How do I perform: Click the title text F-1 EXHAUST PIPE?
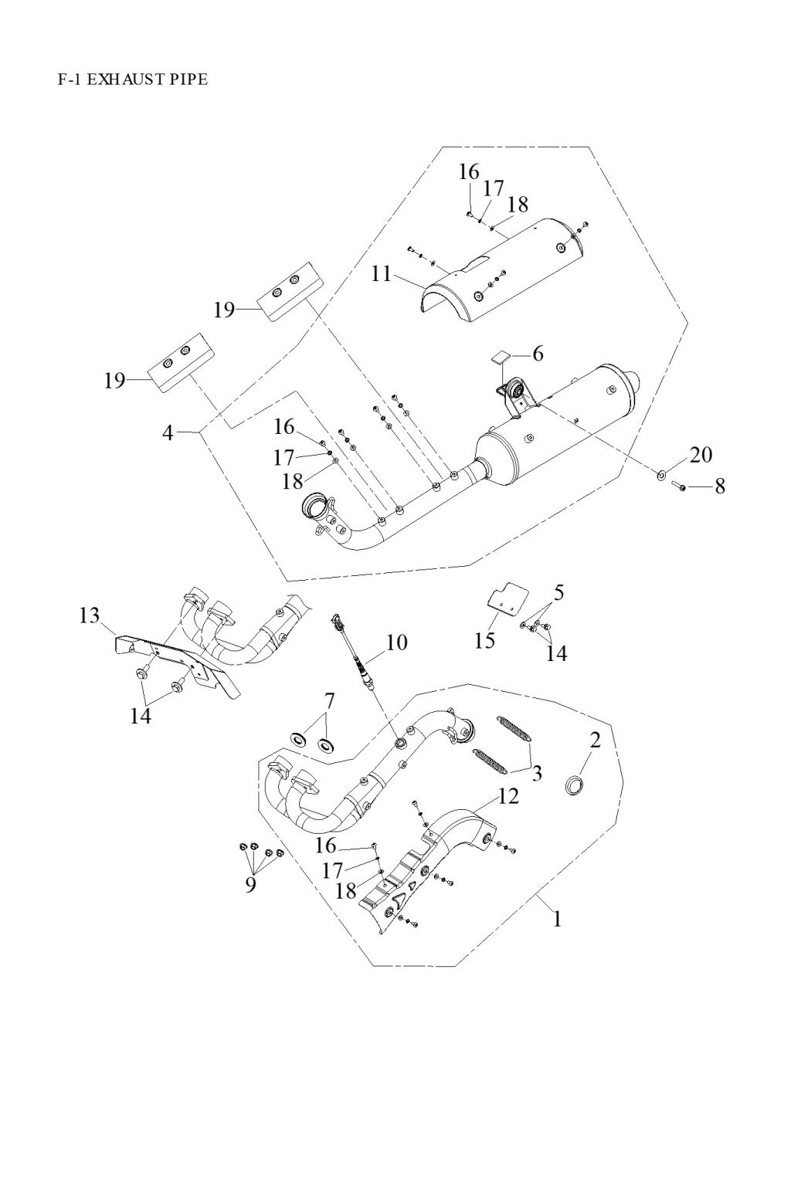click(x=132, y=79)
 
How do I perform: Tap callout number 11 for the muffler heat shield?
click(x=382, y=273)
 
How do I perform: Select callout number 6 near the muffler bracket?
click(x=538, y=354)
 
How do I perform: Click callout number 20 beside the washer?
click(x=700, y=454)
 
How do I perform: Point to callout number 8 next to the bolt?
click(x=720, y=486)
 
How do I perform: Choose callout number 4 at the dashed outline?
click(x=168, y=432)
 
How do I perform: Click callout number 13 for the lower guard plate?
click(x=89, y=615)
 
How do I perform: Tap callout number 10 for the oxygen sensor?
click(x=397, y=642)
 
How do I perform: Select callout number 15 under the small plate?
click(x=485, y=640)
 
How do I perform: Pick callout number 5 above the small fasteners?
click(x=558, y=592)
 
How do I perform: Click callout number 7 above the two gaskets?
click(x=330, y=701)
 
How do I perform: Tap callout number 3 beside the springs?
click(x=535, y=772)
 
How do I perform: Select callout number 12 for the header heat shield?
click(x=508, y=796)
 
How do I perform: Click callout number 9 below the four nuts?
click(x=250, y=884)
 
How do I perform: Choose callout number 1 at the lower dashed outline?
click(x=556, y=919)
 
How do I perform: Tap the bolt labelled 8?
click(x=677, y=486)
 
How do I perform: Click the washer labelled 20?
click(x=663, y=473)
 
